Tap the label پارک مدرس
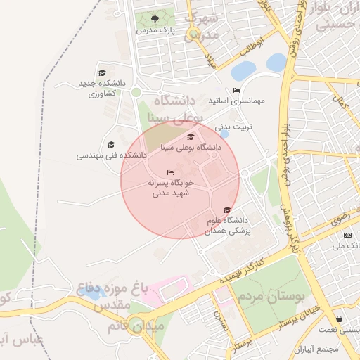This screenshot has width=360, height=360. pyautogui.click(x=156, y=30)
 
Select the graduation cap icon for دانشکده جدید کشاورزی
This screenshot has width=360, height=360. pyautogui.click(x=102, y=73)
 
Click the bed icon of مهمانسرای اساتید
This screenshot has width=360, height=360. pyautogui.click(x=236, y=90)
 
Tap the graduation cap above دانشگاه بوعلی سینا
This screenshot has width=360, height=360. pyautogui.click(x=191, y=136)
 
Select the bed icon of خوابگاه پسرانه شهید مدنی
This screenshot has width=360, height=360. pyautogui.click(x=169, y=172)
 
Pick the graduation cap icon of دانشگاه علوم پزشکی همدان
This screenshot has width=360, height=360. pyautogui.click(x=226, y=210)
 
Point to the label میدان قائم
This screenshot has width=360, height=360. pyautogui.click(x=136, y=327)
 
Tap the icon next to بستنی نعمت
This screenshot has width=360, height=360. pyautogui.click(x=339, y=318)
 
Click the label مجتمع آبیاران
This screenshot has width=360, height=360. pyautogui.click(x=317, y=349)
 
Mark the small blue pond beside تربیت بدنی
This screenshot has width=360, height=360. pyautogui.click(x=224, y=134)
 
